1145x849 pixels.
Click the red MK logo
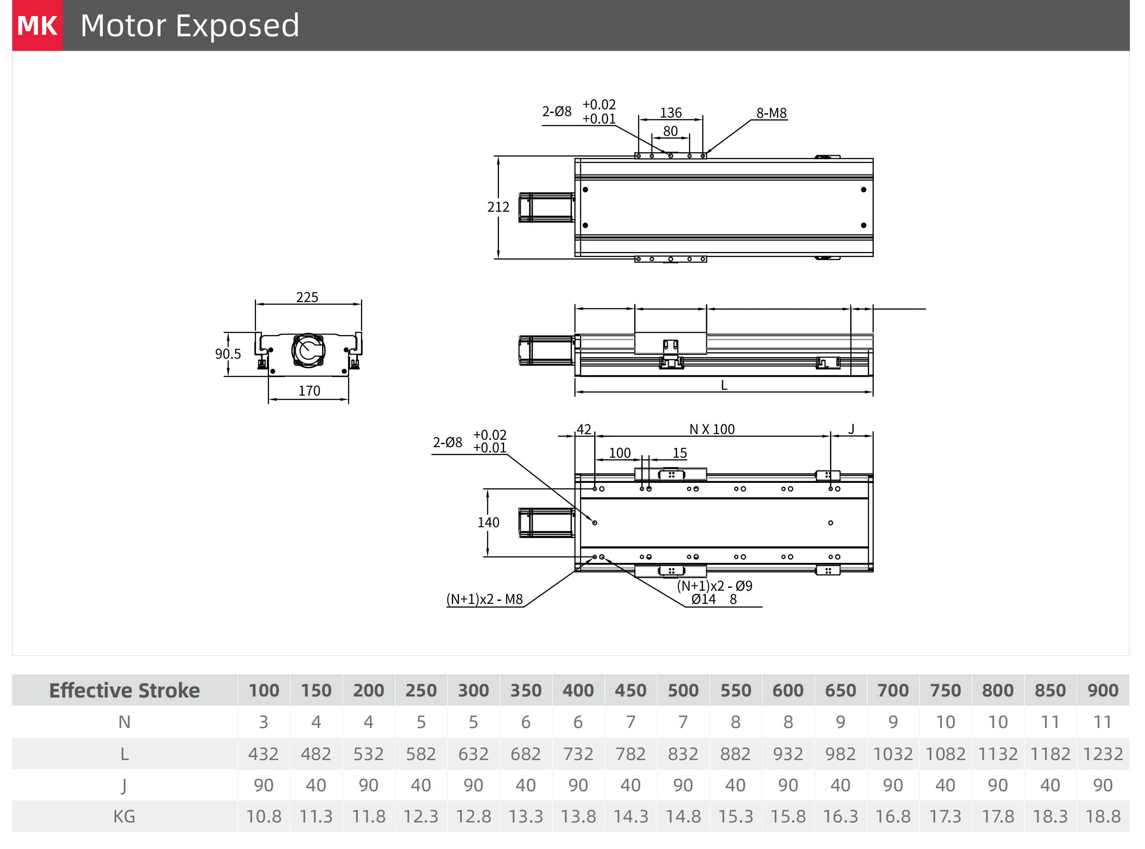37,25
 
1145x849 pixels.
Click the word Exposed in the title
238,26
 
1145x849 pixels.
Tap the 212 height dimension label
498,207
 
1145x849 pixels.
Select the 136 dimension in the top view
670,112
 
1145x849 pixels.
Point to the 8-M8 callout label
771,113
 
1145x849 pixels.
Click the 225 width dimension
307,297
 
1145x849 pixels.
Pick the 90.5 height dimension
227,354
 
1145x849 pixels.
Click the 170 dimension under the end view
309,391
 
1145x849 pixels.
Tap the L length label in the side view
724,385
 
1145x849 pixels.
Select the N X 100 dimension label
712,429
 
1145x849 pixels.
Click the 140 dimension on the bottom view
488,522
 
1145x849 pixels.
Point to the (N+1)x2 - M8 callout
484,599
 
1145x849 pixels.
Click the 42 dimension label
584,429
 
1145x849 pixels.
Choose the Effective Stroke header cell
124,690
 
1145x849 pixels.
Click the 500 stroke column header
683,690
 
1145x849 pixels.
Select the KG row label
124,816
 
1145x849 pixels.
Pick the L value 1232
1102,754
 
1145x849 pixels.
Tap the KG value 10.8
264,816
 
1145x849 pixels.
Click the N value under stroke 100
264,722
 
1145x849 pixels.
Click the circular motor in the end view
308,351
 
